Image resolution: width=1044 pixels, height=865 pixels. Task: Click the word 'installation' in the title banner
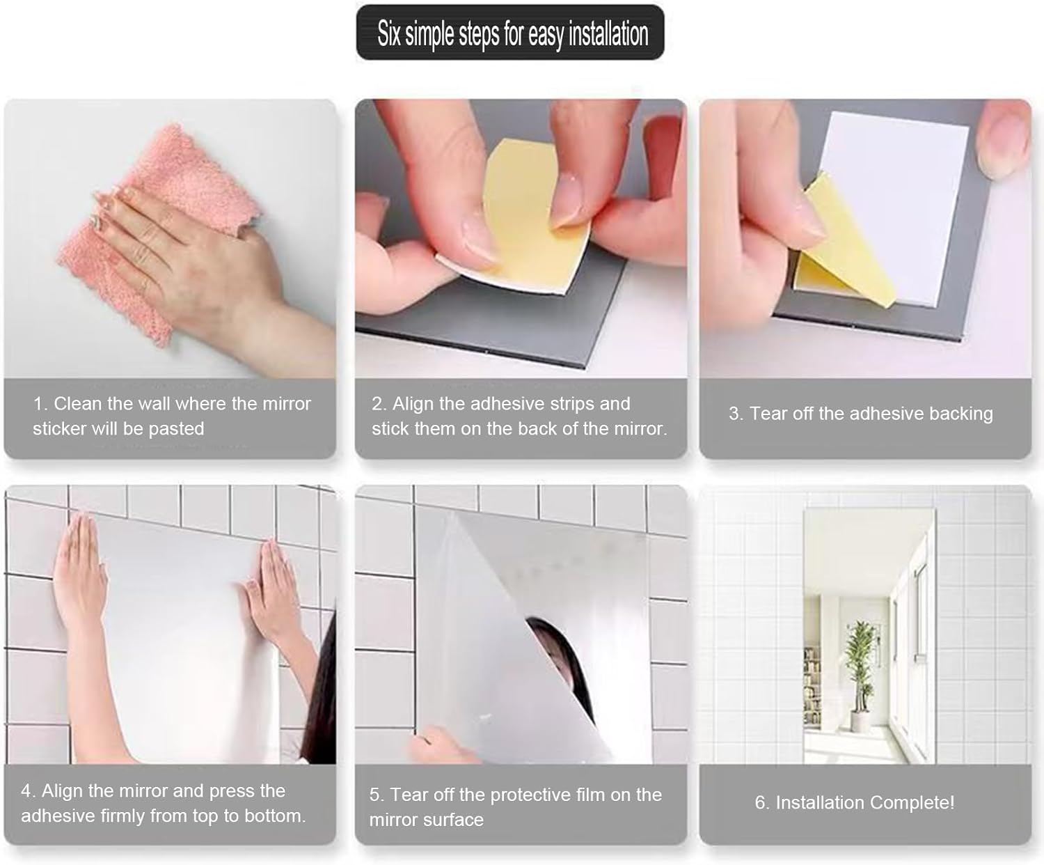pyautogui.click(x=608, y=35)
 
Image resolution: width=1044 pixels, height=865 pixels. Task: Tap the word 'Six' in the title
pyautogui.click(x=389, y=33)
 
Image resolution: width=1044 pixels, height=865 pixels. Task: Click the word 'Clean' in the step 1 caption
pyautogui.click(x=77, y=404)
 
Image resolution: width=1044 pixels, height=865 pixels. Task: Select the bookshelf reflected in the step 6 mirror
pyautogui.click(x=812, y=685)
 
